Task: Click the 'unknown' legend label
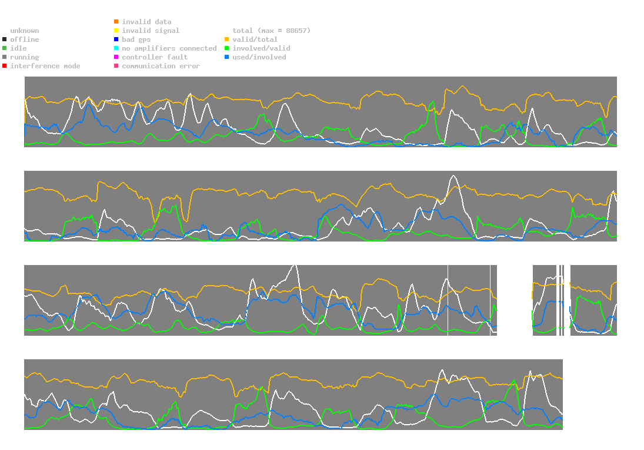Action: (x=25, y=31)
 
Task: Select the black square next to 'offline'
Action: (x=5, y=39)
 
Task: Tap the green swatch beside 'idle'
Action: (x=5, y=48)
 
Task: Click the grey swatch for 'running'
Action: (x=5, y=57)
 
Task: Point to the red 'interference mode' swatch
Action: (x=5, y=66)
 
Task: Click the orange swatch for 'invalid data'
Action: (x=116, y=21)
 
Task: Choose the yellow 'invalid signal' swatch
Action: (x=116, y=31)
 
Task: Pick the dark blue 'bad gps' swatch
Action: (x=116, y=39)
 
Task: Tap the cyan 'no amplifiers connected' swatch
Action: (x=116, y=48)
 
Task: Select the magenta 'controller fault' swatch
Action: (x=116, y=57)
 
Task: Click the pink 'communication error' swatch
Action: (x=116, y=66)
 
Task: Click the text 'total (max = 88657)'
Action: (x=272, y=31)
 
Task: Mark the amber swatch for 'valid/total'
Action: (x=226, y=39)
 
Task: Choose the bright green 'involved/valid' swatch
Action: (x=226, y=48)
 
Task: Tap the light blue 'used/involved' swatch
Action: (x=226, y=57)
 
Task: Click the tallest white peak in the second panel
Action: (x=453, y=176)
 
